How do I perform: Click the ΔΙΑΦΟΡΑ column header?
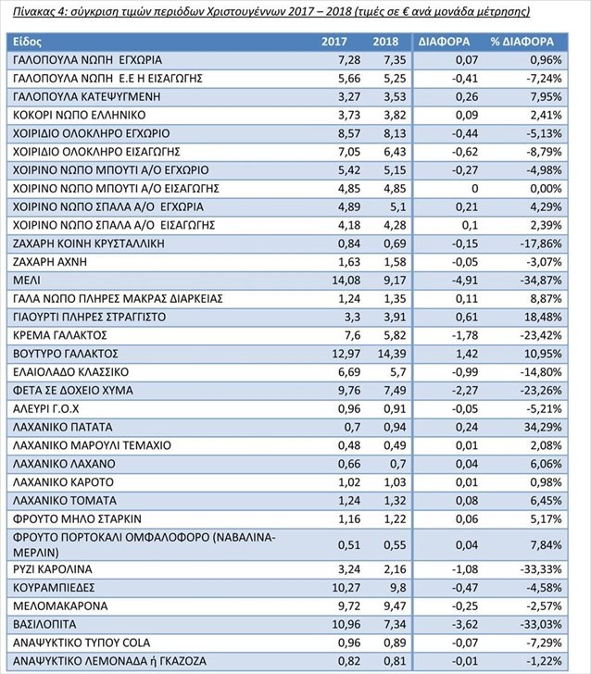point(444,42)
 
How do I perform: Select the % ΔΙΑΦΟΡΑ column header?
point(522,42)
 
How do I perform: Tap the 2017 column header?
point(334,42)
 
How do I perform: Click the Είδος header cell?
point(27,43)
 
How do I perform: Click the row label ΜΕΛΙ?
point(27,281)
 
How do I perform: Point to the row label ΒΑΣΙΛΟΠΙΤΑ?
point(44,624)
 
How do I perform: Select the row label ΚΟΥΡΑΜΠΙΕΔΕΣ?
point(54,588)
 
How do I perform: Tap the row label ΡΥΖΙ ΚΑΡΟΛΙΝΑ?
point(53,569)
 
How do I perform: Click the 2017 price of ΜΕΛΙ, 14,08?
point(346,281)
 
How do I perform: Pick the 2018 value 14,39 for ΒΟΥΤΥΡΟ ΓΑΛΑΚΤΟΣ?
point(392,355)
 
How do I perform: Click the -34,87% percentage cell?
point(540,281)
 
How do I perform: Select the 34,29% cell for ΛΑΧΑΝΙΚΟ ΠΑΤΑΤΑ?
point(544,428)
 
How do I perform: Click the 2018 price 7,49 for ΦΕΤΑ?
point(395,391)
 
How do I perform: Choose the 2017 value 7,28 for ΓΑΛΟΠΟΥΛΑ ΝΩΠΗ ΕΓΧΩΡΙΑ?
point(349,60)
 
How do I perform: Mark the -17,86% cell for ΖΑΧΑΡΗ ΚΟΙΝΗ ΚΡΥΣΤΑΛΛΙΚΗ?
point(540,243)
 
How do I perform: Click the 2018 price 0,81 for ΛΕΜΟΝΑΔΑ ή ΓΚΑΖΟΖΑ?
point(395,661)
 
